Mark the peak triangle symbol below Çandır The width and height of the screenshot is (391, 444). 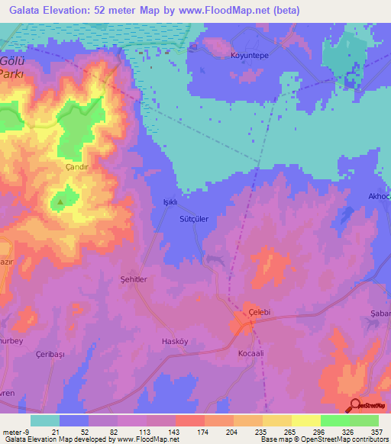(60, 202)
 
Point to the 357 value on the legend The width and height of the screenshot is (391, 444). (376, 430)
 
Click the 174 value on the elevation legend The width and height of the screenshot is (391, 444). (204, 430)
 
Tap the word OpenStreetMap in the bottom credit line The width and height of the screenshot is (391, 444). (331, 439)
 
